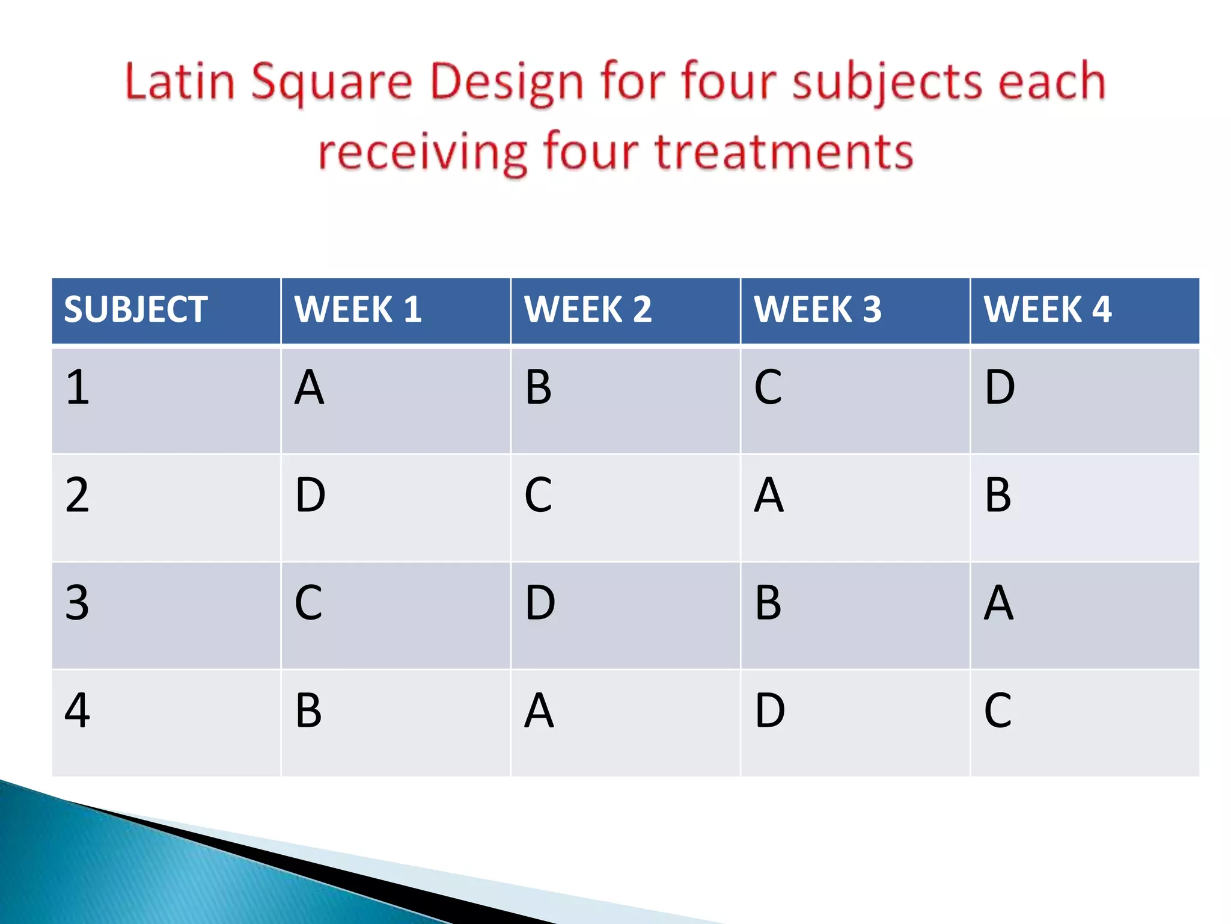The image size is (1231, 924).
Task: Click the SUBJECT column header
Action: coord(136,310)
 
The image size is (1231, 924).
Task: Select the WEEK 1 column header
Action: coord(358,310)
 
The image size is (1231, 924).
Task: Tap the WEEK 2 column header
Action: coord(588,310)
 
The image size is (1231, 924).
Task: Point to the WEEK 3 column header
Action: coord(818,310)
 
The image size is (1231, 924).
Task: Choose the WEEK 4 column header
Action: coord(1048,310)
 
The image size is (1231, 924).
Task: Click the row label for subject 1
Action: coord(78,387)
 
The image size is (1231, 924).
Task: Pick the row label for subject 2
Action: coord(78,495)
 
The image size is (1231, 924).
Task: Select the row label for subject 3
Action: coord(78,603)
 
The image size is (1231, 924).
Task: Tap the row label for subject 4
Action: coord(78,710)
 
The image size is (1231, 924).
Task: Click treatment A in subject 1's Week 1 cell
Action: coord(309,387)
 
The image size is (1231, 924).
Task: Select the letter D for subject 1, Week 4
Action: coord(1000,387)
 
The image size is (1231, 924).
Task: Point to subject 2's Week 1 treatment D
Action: coord(310,495)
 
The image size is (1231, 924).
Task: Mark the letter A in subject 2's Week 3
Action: coord(769,495)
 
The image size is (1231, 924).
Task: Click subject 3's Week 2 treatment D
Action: coord(540,603)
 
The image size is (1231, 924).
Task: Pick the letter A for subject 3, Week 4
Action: coord(998,603)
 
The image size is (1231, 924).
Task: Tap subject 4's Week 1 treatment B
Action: coord(309,710)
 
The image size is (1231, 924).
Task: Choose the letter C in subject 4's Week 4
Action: coord(998,710)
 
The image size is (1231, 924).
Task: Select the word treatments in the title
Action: coord(784,152)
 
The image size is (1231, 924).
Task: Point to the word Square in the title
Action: coord(332,83)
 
